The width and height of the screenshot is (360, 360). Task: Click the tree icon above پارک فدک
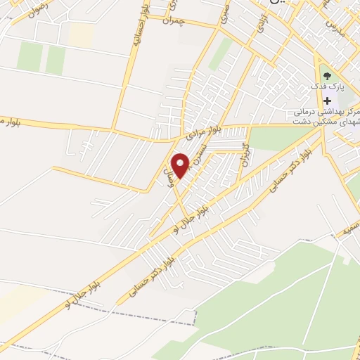[x=325, y=75]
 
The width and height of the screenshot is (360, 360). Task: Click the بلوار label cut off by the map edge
[x=10, y=122]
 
